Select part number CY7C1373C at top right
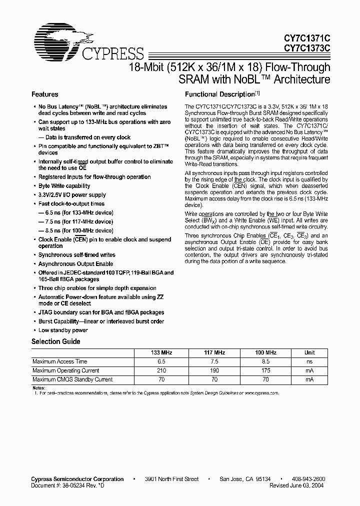307,48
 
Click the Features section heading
45,94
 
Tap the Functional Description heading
220,94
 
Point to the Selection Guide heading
56,341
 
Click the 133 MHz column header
161,352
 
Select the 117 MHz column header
214,352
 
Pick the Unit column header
310,352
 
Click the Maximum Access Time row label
59,361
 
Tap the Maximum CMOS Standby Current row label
72,379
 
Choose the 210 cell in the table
161,370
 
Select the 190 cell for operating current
214,370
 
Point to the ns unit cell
310,361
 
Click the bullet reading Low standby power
63,330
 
